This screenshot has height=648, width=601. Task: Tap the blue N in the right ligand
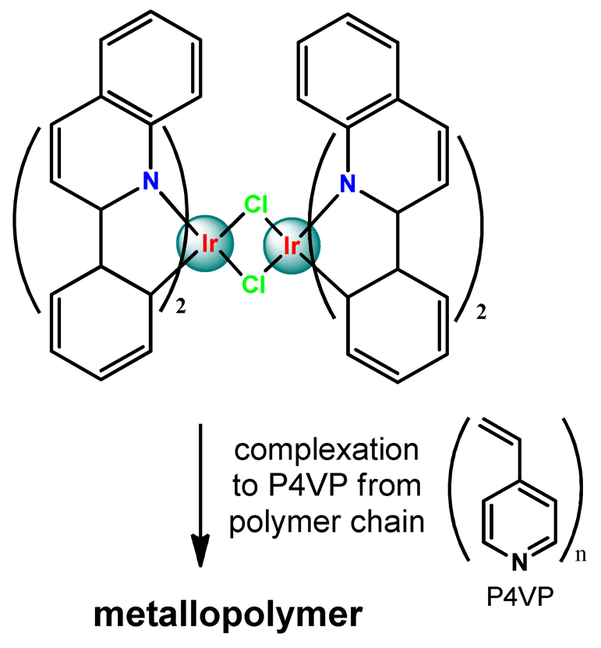[348, 184]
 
